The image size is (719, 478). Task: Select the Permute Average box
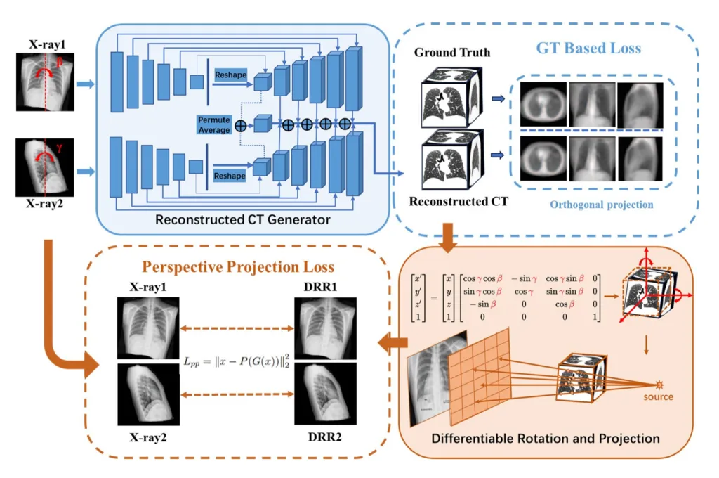pyautogui.click(x=215, y=125)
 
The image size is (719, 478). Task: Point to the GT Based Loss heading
pyautogui.click(x=589, y=49)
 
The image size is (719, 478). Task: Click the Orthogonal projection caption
pyautogui.click(x=601, y=205)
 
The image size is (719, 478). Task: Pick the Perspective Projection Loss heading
pyautogui.click(x=237, y=267)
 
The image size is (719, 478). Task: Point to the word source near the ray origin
pyautogui.click(x=658, y=397)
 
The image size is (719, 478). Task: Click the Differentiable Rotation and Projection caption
pyautogui.click(x=546, y=439)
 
